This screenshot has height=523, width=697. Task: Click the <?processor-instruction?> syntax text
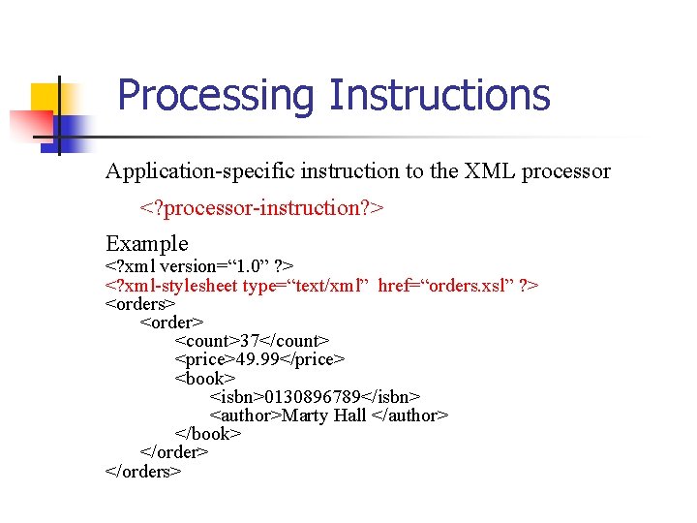[x=262, y=207]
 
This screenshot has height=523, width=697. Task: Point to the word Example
[x=146, y=243]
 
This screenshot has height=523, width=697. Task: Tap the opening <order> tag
[x=172, y=322]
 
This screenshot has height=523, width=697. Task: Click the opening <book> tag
[x=204, y=378]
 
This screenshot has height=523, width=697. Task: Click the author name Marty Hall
[x=325, y=415]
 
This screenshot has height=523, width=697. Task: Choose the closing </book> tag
[x=207, y=434]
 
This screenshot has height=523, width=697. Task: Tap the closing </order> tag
[x=174, y=452]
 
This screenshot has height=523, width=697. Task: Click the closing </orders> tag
[x=143, y=472]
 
